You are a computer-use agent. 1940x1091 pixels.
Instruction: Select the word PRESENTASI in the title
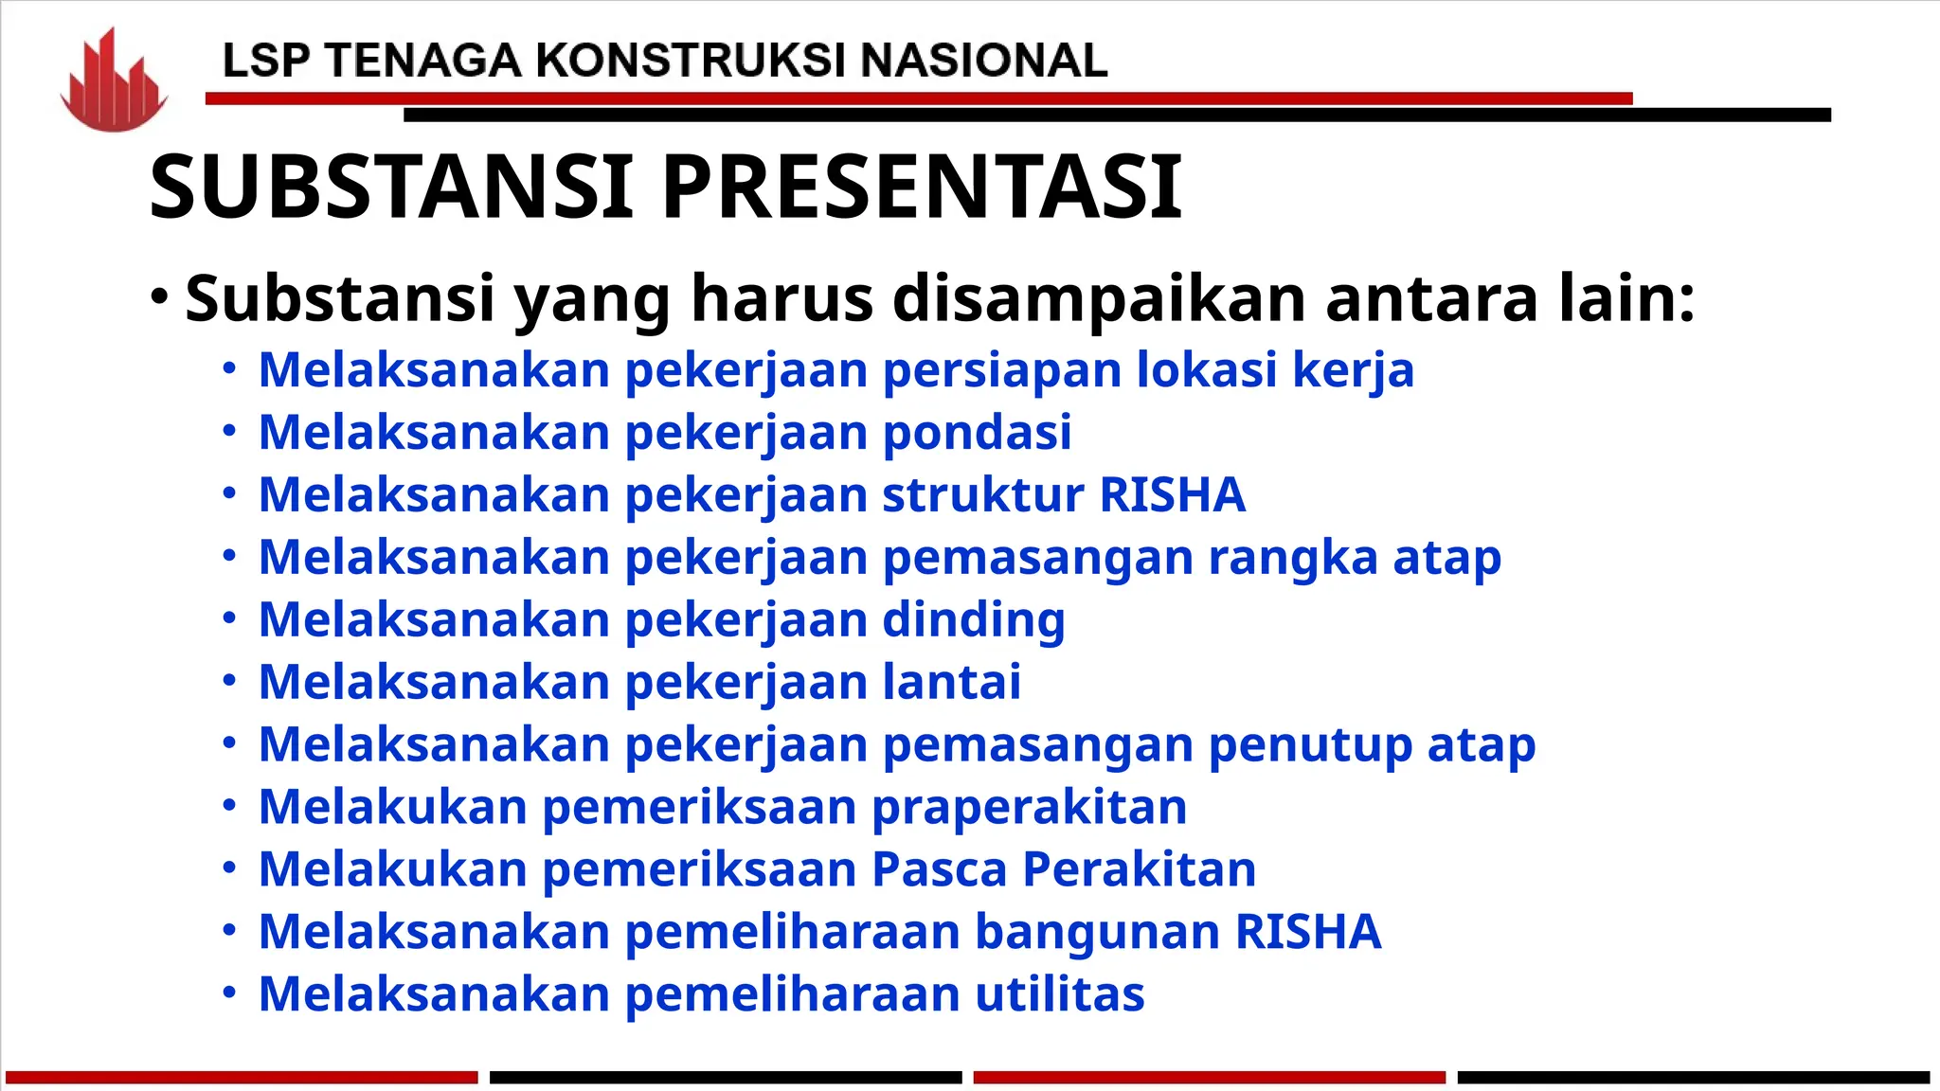click(x=921, y=187)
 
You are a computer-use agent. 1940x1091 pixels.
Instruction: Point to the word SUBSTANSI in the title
click(x=391, y=187)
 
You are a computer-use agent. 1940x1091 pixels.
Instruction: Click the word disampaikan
click(x=1101, y=298)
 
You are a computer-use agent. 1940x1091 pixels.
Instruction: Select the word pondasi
click(x=977, y=433)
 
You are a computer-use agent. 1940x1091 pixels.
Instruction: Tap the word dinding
click(x=974, y=620)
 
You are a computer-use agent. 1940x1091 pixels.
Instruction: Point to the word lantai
click(x=951, y=682)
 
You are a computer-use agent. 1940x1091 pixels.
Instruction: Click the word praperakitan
click(x=1029, y=808)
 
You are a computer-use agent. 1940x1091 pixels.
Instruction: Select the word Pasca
click(x=939, y=869)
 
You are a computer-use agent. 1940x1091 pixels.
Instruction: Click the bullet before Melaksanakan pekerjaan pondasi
click(x=229, y=432)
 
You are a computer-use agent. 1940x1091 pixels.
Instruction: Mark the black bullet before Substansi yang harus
click(x=159, y=297)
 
